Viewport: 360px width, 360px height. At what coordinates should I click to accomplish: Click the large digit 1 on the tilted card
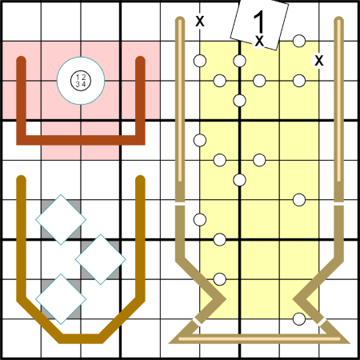coord(258,22)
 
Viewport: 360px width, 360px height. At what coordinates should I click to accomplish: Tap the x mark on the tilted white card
coord(259,41)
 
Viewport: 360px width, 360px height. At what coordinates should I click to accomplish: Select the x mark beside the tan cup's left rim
coord(200,21)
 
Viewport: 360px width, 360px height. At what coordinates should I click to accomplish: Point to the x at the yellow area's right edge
coord(319,61)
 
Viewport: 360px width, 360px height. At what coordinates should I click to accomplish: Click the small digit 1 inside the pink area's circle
coord(78,78)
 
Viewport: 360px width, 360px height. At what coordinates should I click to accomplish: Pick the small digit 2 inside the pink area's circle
coord(83,78)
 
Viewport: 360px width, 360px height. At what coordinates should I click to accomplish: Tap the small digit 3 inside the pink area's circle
coord(78,84)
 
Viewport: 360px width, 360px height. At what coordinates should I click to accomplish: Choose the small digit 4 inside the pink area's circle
coord(83,84)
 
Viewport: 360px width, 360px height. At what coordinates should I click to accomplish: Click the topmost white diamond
coord(61,219)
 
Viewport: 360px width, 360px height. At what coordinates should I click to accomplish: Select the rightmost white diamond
coord(101,259)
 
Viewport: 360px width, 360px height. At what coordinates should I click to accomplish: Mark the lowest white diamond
coord(61,299)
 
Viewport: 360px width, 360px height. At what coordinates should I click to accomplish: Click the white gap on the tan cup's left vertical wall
coord(180,204)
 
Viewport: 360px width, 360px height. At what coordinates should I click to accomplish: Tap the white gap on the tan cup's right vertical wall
coord(338,204)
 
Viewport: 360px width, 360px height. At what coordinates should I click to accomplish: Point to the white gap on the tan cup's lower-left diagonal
coord(198,322)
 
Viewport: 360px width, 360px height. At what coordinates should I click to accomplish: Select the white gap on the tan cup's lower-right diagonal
coord(322,322)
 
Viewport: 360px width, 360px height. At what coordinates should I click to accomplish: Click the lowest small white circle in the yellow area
coord(299,319)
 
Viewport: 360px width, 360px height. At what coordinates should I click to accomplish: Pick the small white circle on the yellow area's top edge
coord(299,41)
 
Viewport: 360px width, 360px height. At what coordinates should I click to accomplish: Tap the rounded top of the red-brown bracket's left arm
coord(22,60)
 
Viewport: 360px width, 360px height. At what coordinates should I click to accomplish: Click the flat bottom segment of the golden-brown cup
coord(81,338)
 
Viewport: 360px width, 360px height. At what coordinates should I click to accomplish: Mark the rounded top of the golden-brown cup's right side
coord(140,179)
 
